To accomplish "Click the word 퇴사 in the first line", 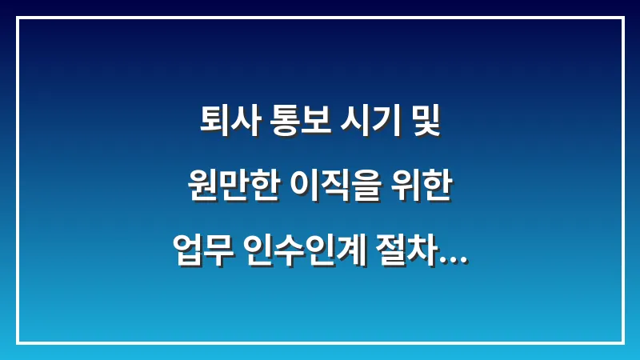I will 222,125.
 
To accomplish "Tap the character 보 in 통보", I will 310,125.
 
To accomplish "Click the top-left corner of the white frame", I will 18,18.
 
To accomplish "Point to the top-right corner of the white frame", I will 622,18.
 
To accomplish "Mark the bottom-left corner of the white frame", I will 18,342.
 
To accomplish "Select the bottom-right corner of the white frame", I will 622,342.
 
